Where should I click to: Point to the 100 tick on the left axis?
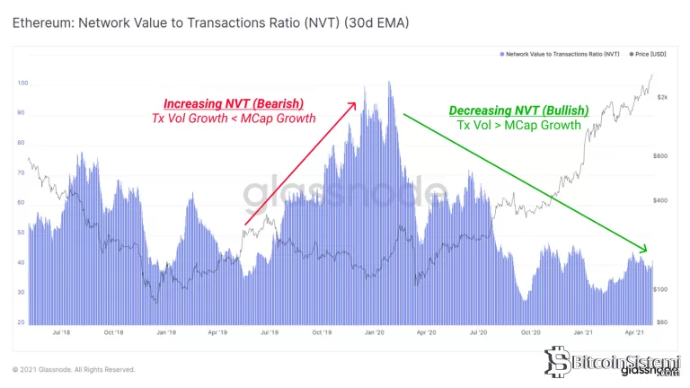tap(22, 83)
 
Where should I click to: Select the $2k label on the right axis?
tap(661, 96)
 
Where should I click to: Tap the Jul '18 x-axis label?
tap(62, 331)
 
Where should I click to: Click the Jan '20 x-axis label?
tap(375, 331)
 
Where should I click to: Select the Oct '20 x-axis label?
tap(531, 331)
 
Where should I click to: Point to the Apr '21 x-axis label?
tap(635, 331)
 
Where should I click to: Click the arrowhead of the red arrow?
tap(354, 105)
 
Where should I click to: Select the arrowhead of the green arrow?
tap(643, 248)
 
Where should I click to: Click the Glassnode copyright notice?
tap(74, 369)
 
